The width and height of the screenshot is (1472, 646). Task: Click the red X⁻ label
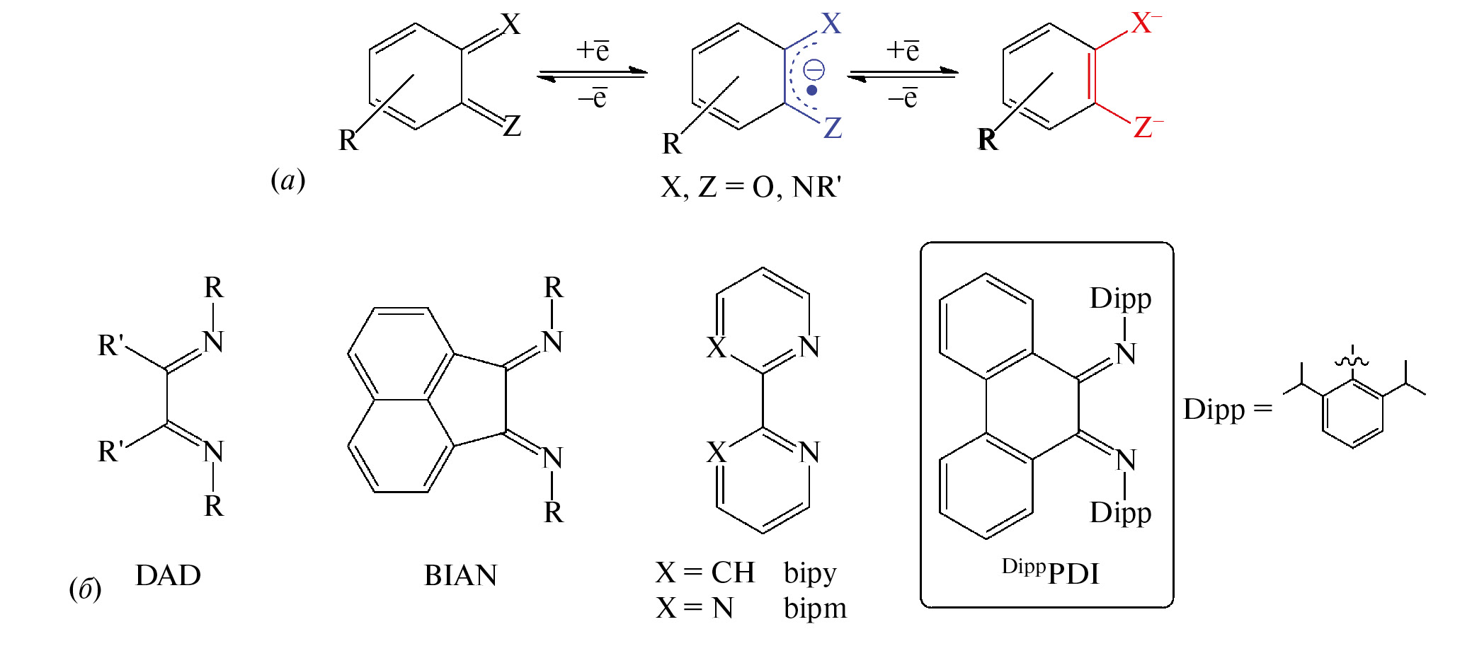pyautogui.click(x=1146, y=23)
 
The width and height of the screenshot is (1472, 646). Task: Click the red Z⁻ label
pyautogui.click(x=1148, y=127)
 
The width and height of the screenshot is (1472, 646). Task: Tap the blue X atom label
pyautogui.click(x=831, y=24)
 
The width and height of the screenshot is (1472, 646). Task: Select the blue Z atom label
pyautogui.click(x=833, y=128)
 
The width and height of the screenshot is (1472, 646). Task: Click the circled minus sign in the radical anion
pyautogui.click(x=814, y=70)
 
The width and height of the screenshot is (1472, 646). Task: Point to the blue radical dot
pyautogui.click(x=812, y=91)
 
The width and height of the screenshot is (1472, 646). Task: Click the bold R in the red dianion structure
pyautogui.click(x=988, y=140)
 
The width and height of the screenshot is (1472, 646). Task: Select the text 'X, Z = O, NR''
pyautogui.click(x=751, y=188)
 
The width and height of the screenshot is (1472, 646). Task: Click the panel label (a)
pyautogui.click(x=288, y=180)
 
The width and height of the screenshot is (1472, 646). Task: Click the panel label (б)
pyautogui.click(x=85, y=588)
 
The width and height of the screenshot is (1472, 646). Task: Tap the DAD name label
pyautogui.click(x=168, y=575)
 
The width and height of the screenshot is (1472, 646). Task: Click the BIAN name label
pyautogui.click(x=460, y=575)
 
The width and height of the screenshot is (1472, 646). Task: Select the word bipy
pyautogui.click(x=810, y=574)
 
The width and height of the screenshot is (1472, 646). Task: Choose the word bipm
pyautogui.click(x=815, y=608)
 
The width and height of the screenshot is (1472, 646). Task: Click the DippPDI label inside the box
pyautogui.click(x=1051, y=572)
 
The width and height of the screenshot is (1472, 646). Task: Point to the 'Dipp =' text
pyautogui.click(x=1228, y=410)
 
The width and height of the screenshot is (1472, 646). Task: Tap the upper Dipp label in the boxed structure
pyautogui.click(x=1120, y=299)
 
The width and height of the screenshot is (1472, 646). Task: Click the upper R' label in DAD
pyautogui.click(x=111, y=345)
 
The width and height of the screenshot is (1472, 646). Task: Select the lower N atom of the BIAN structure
pyautogui.click(x=553, y=458)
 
